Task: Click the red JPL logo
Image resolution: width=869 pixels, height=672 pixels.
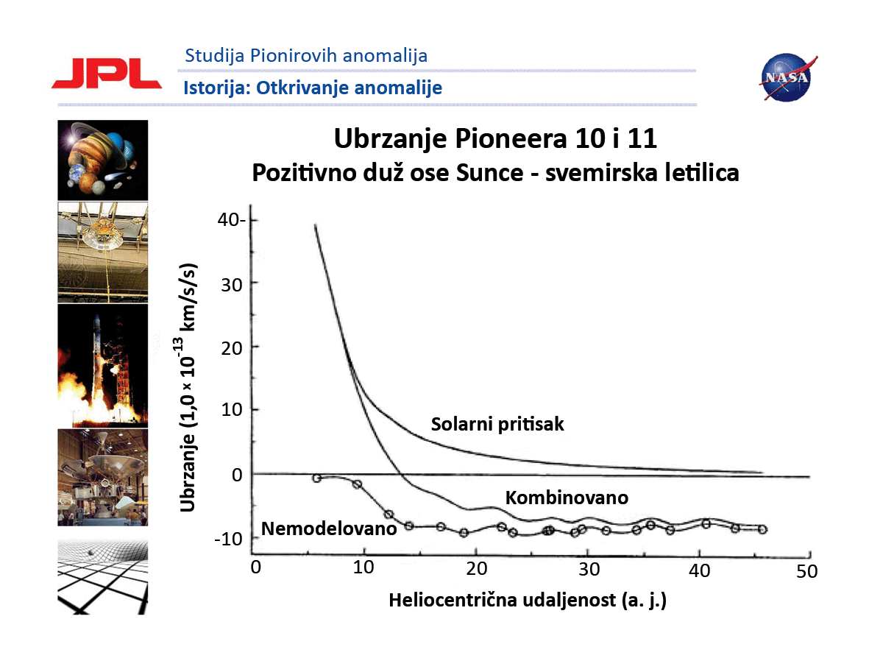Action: click(107, 74)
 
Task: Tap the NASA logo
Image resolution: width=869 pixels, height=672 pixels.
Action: click(787, 77)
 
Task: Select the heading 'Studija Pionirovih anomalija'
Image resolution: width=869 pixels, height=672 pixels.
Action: click(306, 56)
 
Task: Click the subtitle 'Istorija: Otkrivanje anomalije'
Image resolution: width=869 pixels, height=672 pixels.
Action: click(313, 88)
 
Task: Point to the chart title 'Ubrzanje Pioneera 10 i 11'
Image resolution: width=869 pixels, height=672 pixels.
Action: click(495, 138)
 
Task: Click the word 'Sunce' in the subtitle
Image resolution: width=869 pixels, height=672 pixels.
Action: click(489, 172)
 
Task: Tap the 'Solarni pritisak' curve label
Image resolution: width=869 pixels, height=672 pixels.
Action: click(497, 424)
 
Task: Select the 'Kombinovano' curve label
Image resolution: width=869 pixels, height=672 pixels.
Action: click(567, 498)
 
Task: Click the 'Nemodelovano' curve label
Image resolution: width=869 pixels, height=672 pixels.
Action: click(329, 528)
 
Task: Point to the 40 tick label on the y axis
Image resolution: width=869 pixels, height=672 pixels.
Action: click(230, 219)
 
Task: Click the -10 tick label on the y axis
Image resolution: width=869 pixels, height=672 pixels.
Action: click(228, 538)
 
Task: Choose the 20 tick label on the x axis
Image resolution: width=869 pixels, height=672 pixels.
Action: click(476, 568)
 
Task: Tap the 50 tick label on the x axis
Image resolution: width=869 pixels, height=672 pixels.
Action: click(806, 571)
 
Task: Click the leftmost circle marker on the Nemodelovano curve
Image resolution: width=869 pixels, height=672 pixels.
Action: click(316, 478)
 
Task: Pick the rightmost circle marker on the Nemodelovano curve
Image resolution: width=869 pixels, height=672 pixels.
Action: click(762, 529)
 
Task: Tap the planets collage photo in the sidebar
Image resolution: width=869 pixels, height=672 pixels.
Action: click(102, 160)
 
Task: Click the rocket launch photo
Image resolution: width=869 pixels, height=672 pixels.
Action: click(102, 366)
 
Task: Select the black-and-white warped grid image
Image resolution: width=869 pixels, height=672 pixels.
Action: click(102, 576)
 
